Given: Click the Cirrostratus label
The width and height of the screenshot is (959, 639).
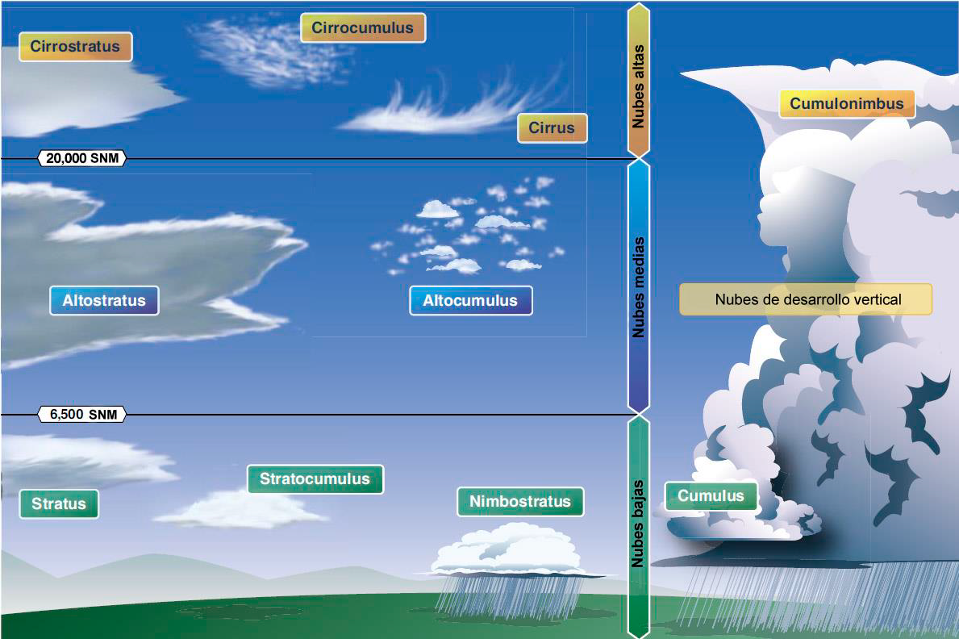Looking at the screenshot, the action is click(x=75, y=47).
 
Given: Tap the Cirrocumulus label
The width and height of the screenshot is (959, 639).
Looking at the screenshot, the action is click(x=363, y=27).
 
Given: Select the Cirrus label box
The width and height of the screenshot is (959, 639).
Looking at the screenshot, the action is click(x=552, y=128).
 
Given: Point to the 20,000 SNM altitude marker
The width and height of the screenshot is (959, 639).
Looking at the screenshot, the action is click(x=82, y=158).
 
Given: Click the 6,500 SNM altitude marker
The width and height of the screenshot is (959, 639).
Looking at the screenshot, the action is click(x=82, y=415).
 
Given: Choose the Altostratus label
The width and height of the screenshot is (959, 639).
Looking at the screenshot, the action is click(x=104, y=300).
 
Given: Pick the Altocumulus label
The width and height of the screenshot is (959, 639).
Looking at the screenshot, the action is click(x=470, y=300).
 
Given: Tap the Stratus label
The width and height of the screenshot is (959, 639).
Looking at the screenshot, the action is click(x=59, y=503).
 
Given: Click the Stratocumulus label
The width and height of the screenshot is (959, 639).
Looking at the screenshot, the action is click(x=315, y=478).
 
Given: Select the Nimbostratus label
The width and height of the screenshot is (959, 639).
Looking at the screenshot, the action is click(x=520, y=501).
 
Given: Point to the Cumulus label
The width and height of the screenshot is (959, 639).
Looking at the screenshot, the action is click(x=711, y=495).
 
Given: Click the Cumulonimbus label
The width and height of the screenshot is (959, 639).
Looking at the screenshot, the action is click(x=846, y=103).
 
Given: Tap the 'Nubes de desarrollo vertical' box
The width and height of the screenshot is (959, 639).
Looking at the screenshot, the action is click(x=806, y=299).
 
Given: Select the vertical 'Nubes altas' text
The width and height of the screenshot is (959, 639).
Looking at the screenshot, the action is click(x=639, y=86).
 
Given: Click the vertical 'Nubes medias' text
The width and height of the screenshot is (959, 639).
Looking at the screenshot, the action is click(x=639, y=287).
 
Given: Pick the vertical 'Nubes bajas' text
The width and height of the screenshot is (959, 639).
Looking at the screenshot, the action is click(x=639, y=524).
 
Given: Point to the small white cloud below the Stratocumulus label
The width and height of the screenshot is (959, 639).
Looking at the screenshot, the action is click(x=242, y=509).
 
